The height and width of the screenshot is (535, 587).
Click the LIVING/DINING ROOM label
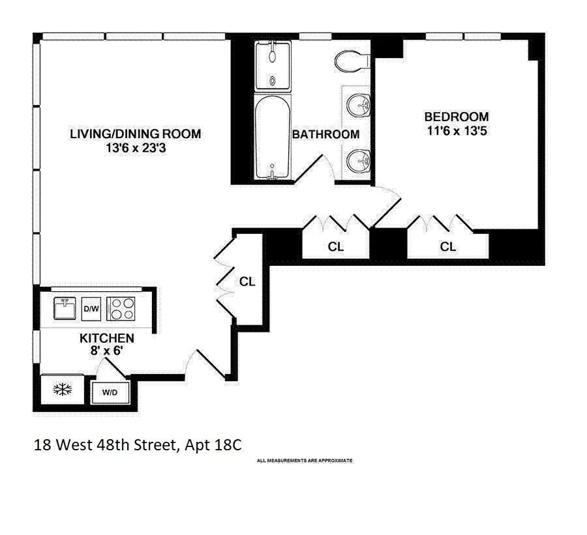tap(135, 134)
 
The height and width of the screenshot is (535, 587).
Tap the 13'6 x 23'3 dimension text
tap(135, 148)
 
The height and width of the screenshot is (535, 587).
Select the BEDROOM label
tap(456, 117)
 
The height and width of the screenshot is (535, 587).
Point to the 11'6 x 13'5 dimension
tap(456, 130)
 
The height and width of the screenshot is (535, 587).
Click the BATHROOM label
tap(325, 135)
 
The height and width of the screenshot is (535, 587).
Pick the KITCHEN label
tap(107, 338)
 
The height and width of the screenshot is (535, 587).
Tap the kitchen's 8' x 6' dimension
tap(107, 352)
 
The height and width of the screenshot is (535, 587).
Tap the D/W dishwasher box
tap(91, 308)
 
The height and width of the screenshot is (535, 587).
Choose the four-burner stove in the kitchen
tap(122, 308)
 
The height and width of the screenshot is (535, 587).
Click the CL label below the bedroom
tap(447, 247)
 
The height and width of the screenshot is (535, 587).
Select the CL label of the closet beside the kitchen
tap(247, 282)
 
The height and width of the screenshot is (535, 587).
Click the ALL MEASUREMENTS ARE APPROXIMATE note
tap(305, 461)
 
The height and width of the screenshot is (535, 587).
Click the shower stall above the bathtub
tap(271, 65)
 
